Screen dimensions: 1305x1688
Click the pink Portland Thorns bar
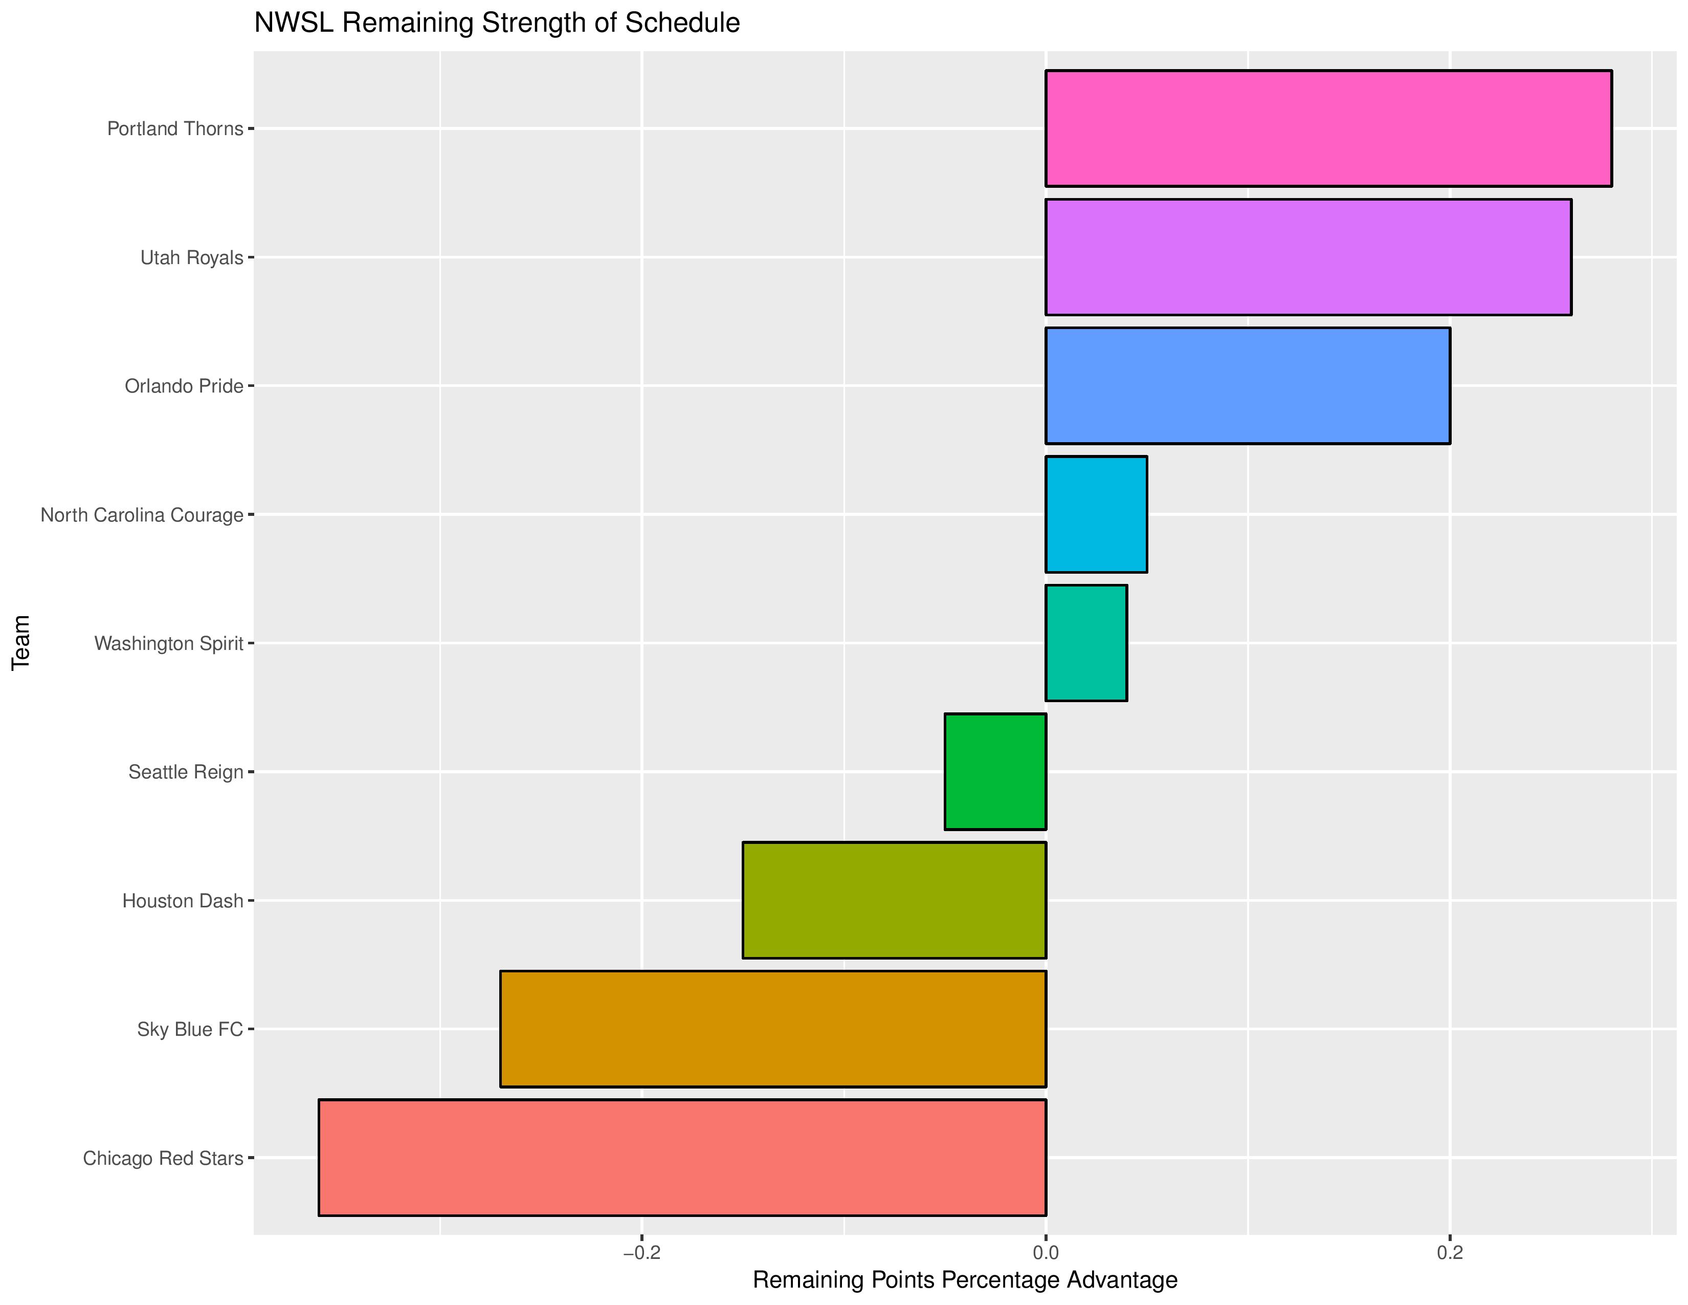(1328, 128)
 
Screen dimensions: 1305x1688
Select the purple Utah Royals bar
(1308, 257)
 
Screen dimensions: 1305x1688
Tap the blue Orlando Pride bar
(1248, 386)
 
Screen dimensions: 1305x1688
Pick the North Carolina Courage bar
(1096, 514)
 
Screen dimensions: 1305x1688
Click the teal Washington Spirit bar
(1086, 643)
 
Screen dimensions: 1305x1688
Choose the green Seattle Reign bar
(995, 772)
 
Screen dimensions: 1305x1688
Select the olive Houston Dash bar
(894, 901)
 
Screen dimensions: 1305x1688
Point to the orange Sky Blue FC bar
(773, 1029)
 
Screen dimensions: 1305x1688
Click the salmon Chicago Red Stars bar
(682, 1157)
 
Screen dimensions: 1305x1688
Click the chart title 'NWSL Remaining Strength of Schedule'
(497, 23)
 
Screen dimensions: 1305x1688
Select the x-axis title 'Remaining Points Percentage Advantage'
(965, 1280)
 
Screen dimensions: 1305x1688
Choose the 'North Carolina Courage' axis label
(142, 515)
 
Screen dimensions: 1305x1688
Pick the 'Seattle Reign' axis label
(186, 772)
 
